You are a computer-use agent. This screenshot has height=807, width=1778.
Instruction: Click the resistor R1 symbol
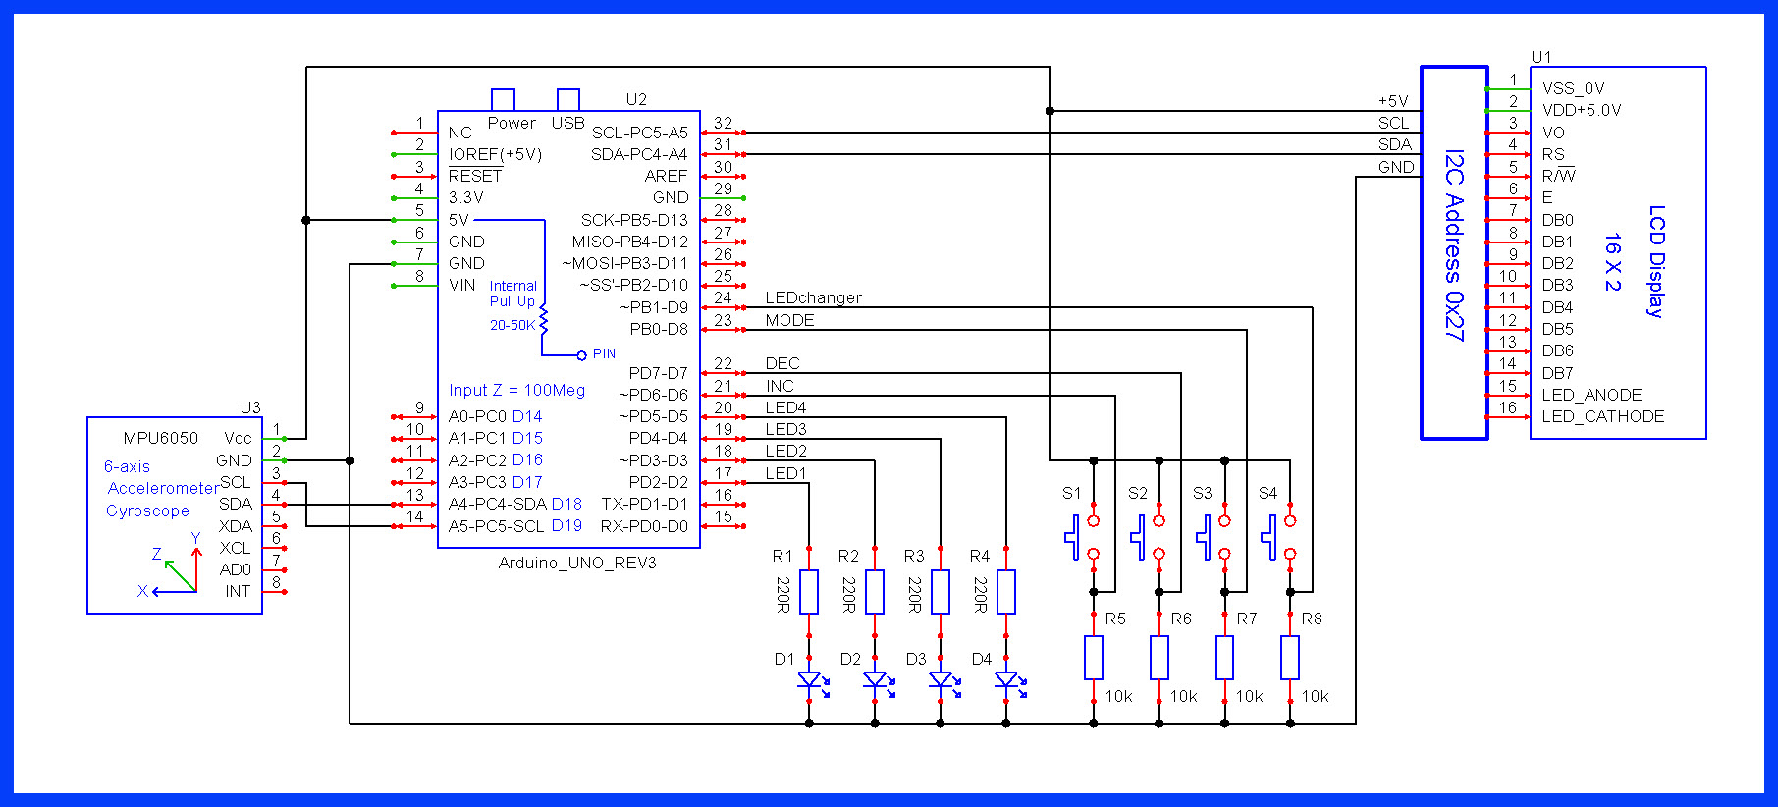coord(809,591)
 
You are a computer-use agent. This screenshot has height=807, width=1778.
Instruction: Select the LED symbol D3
coord(941,679)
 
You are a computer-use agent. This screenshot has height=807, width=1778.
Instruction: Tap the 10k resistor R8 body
coord(1290,658)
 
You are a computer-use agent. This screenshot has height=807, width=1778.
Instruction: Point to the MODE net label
coord(789,321)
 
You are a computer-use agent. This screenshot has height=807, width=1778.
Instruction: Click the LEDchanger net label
coord(813,298)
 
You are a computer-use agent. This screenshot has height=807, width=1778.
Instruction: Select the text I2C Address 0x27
coord(1454,245)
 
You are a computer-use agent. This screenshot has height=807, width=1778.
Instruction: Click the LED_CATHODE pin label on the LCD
coord(1602,416)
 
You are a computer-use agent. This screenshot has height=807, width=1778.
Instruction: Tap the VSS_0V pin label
coord(1573,88)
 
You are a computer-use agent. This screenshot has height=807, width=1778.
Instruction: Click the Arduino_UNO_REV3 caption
coord(577,564)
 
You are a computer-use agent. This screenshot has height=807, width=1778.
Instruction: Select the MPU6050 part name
coord(160,438)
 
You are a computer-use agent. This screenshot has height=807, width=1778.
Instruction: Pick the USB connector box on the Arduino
coord(567,99)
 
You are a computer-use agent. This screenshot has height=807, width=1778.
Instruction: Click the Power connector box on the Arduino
coord(503,99)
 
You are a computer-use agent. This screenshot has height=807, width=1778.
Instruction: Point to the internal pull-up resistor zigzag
coord(544,320)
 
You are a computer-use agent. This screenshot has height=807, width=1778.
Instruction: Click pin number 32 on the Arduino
coord(723,124)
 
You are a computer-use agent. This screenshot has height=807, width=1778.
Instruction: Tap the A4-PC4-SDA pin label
coord(497,505)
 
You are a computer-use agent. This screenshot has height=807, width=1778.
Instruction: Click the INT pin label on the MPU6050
coord(238,592)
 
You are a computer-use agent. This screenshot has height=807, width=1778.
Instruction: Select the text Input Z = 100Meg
coord(516,391)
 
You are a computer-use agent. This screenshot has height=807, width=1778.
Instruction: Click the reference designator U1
coord(1541,57)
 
